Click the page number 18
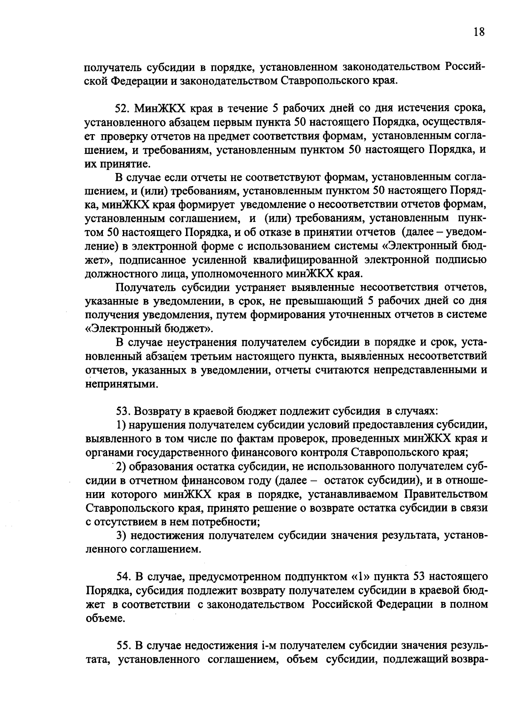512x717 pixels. [x=479, y=32]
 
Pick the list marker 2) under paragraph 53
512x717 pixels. [x=121, y=466]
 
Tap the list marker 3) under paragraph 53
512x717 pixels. [x=121, y=536]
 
